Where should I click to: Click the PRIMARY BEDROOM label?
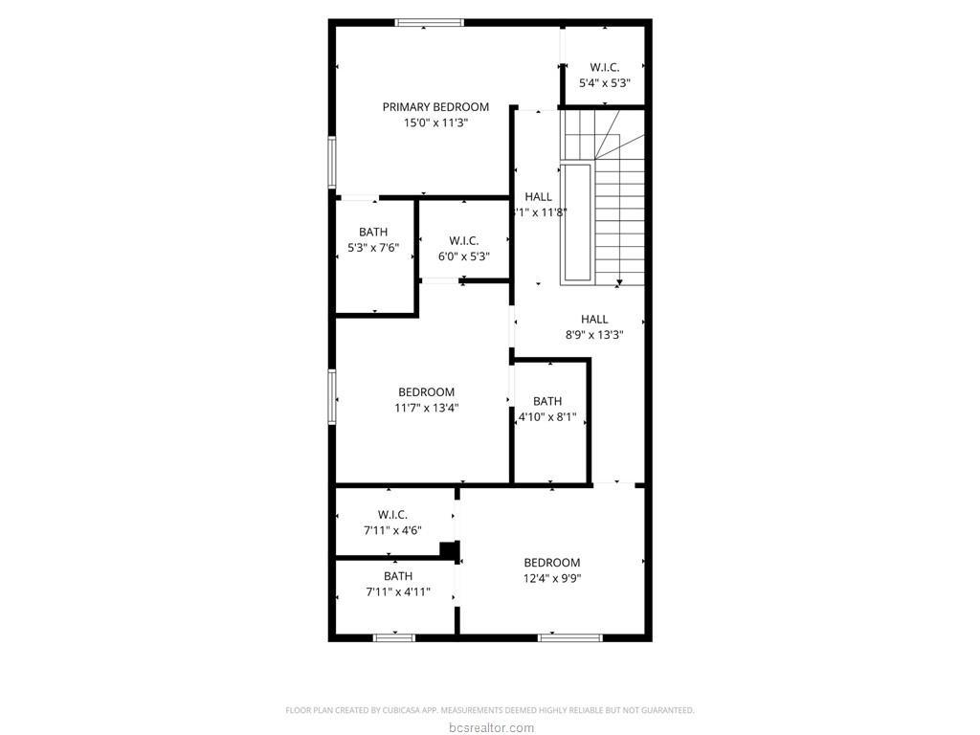pyautogui.click(x=435, y=107)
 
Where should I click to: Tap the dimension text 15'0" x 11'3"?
pyautogui.click(x=435, y=122)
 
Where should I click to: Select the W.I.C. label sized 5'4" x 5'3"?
pyautogui.click(x=604, y=67)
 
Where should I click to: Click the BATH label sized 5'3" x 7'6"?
pyautogui.click(x=373, y=233)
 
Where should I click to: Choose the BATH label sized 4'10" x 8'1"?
pyautogui.click(x=547, y=401)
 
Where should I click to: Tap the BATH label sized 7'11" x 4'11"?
pyautogui.click(x=398, y=576)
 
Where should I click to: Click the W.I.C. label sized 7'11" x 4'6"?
pyautogui.click(x=392, y=515)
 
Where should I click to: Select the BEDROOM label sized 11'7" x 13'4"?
pyautogui.click(x=426, y=392)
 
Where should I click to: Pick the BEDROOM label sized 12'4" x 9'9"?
pyautogui.click(x=551, y=563)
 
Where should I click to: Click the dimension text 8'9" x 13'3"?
pyautogui.click(x=594, y=335)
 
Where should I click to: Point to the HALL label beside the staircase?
pyautogui.click(x=538, y=197)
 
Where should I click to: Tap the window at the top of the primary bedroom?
pyautogui.click(x=430, y=22)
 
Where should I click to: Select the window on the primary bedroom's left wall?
pyautogui.click(x=332, y=161)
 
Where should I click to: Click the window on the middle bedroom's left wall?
pyautogui.click(x=332, y=395)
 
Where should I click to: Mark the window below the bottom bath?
pyautogui.click(x=393, y=636)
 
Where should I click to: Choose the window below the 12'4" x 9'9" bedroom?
pyautogui.click(x=556, y=636)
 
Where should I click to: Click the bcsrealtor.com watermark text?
pyautogui.click(x=489, y=728)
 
